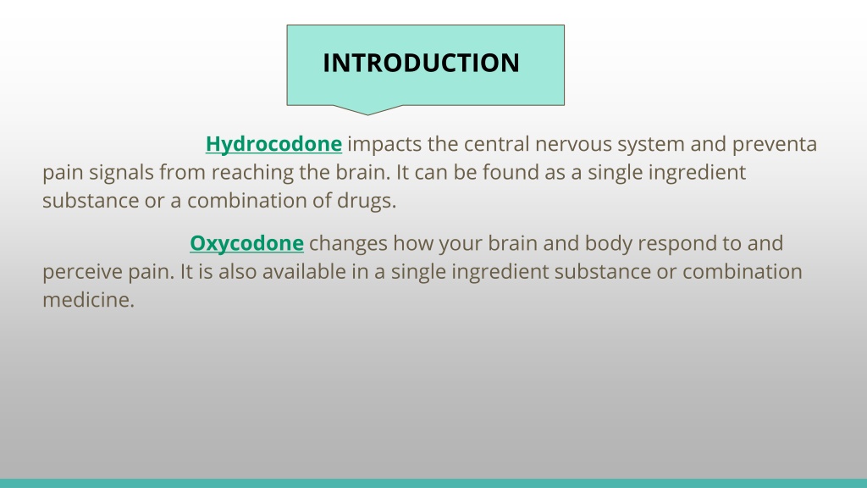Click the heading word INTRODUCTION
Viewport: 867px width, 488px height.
click(x=422, y=63)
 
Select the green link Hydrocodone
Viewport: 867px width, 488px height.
click(x=273, y=144)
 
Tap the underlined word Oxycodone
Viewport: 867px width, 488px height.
click(x=246, y=243)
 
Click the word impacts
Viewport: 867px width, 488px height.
click(x=384, y=144)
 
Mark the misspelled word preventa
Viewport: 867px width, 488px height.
click(x=775, y=145)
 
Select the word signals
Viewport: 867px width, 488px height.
click(x=121, y=173)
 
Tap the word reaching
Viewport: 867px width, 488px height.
click(x=252, y=173)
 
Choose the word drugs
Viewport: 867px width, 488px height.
click(x=367, y=200)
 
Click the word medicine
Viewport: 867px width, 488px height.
click(x=88, y=300)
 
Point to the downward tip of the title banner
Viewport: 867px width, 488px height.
click(x=367, y=115)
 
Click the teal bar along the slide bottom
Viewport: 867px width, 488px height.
click(x=433, y=484)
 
